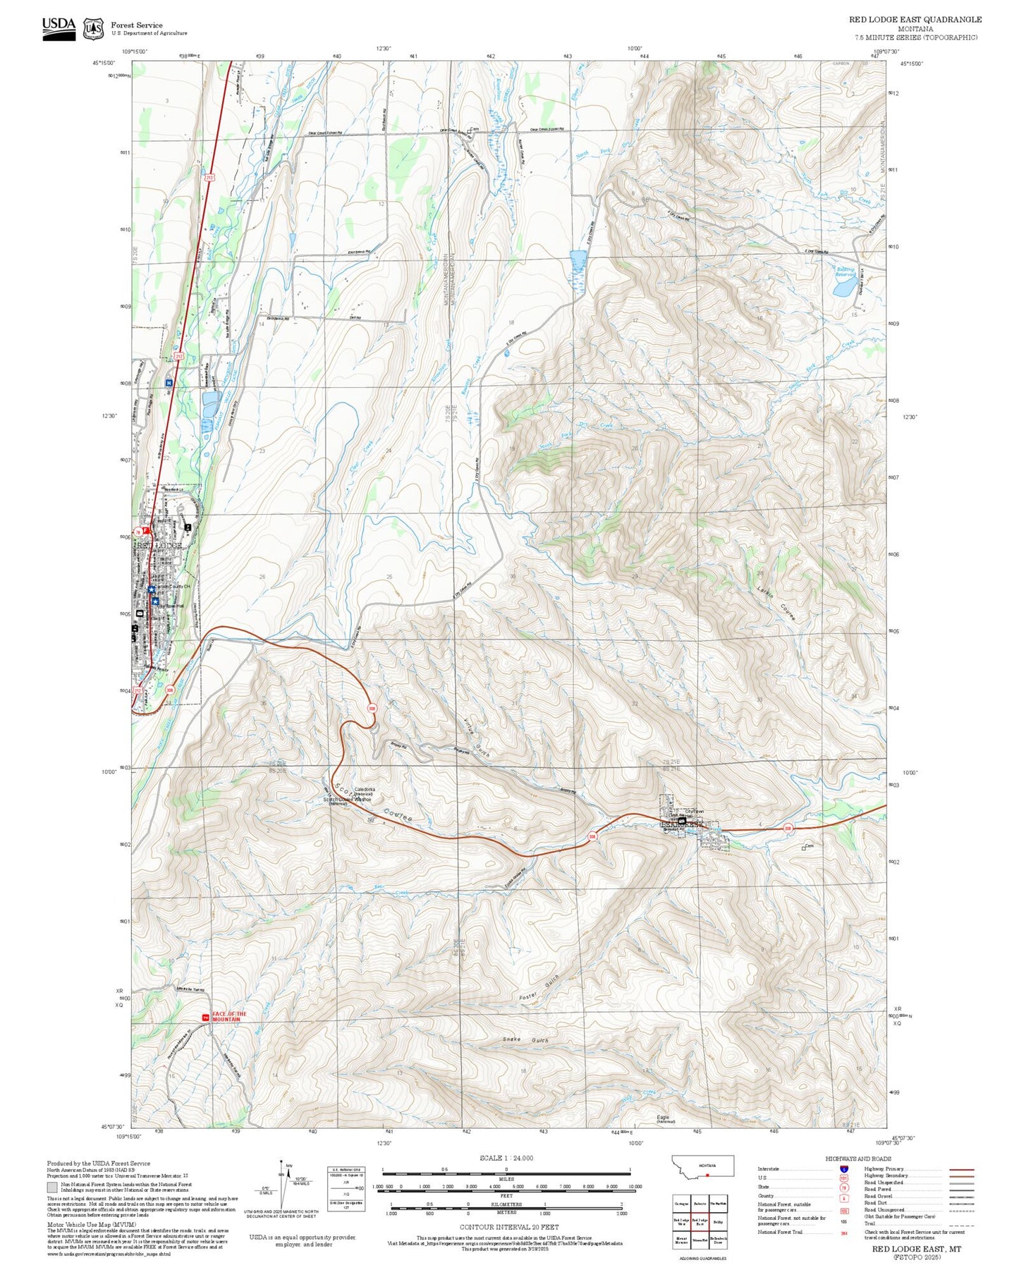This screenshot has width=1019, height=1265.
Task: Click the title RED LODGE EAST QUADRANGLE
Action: click(x=915, y=20)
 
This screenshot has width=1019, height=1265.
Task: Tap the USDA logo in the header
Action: click(x=59, y=28)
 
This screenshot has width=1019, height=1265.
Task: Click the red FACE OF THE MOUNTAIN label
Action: click(x=229, y=1017)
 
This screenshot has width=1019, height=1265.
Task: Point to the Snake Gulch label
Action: click(x=525, y=1040)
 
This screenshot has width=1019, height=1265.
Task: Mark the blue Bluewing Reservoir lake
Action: click(x=844, y=288)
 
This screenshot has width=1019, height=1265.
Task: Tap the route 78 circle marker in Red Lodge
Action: click(x=138, y=532)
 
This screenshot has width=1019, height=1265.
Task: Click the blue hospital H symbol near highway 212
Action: click(x=169, y=383)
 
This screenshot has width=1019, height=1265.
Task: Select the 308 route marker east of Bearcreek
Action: click(x=788, y=828)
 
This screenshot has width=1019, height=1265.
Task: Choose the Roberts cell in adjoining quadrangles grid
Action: click(x=700, y=1204)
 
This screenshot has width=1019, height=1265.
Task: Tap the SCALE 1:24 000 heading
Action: click(x=506, y=1158)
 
